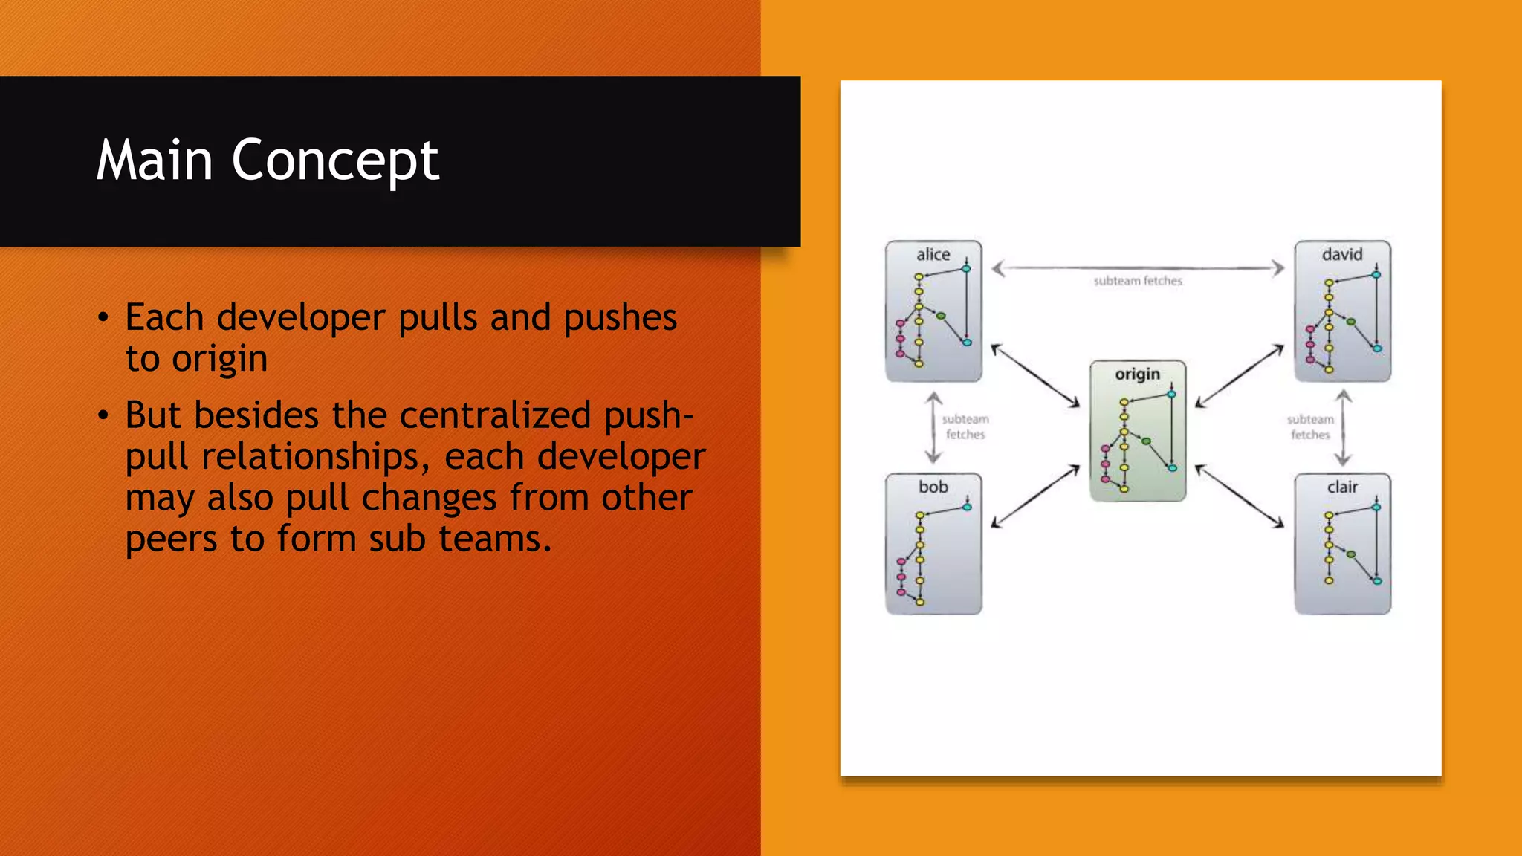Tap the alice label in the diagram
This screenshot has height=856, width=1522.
933,255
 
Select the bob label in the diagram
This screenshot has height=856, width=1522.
933,487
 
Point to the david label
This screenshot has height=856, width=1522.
1341,255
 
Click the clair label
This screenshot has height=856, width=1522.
1341,487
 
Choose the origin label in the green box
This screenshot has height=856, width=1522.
1137,374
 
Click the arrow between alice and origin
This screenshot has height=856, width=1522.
1035,376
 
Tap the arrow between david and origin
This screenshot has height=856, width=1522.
1239,376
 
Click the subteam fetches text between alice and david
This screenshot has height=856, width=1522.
1137,281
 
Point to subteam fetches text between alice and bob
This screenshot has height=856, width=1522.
965,427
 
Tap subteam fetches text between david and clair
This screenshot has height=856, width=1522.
1309,427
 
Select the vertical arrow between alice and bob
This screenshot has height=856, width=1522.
933,427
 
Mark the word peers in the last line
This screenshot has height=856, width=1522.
171,539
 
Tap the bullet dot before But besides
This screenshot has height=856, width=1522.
103,415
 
